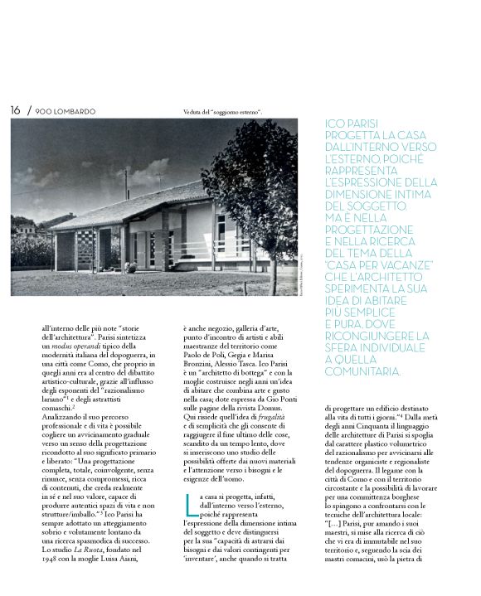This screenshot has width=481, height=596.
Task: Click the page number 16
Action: coord(16,110)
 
